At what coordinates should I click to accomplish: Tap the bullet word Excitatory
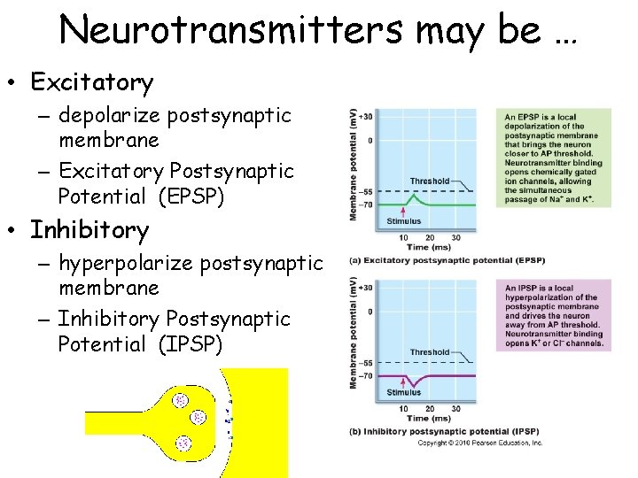pos(91,83)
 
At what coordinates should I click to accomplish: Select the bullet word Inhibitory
pos(89,231)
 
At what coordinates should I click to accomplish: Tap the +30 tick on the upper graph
pos(366,116)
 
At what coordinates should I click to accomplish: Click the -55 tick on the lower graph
pos(366,363)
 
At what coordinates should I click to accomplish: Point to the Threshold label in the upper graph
pos(430,181)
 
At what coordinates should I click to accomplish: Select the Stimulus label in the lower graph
pos(404,392)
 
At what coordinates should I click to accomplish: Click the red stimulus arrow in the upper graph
pos(404,211)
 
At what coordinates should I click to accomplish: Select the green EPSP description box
pos(557,158)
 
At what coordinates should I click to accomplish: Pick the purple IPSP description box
pos(557,315)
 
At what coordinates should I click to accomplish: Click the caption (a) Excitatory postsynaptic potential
pos(447,260)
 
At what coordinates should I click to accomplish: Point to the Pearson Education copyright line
pos(479,443)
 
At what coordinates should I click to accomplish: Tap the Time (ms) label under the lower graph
pos(429,418)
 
